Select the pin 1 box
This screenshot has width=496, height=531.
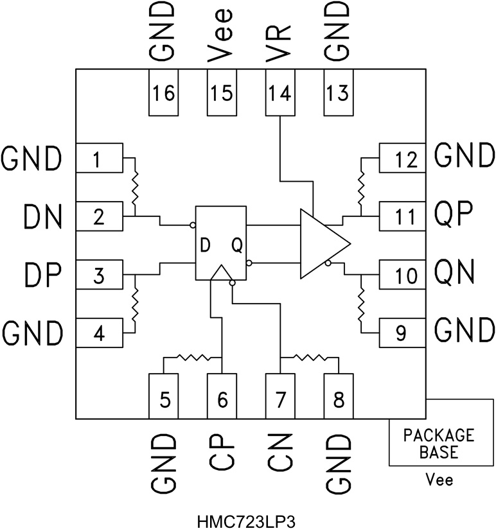pos(99,158)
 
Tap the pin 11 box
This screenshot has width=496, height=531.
pos(401,216)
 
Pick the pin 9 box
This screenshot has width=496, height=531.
pos(401,332)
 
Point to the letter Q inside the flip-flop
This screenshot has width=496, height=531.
pos(236,245)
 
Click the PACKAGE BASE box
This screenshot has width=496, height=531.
pos(438,443)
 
